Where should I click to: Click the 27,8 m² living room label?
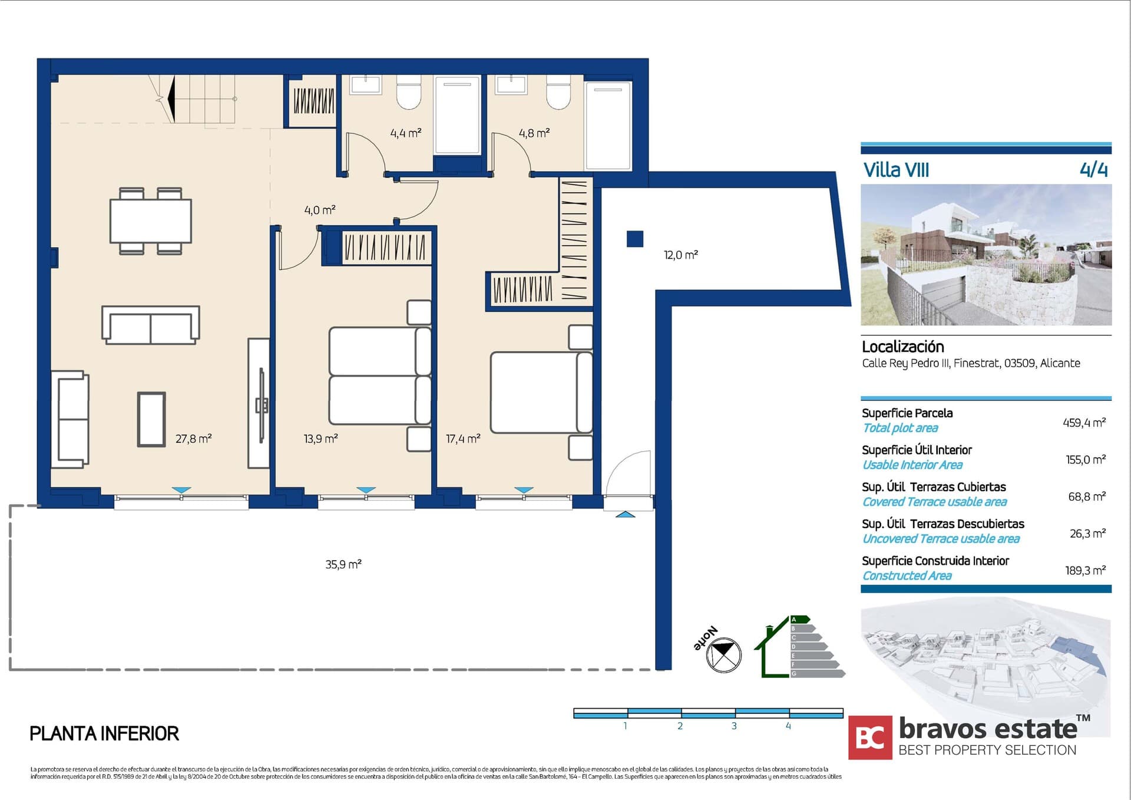(193, 439)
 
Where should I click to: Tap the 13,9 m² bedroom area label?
(320, 439)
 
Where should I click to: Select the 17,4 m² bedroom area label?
(463, 439)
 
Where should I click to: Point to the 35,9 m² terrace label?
(343, 564)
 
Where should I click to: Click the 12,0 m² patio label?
(680, 255)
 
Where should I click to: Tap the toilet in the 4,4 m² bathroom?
(408, 92)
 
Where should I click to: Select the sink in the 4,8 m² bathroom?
(511, 84)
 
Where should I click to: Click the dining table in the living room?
(151, 221)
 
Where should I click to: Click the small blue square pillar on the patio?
(634, 239)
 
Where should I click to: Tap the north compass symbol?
(723, 654)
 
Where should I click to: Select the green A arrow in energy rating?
(800, 620)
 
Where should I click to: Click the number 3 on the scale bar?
(734, 726)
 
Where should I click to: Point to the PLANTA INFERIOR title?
(104, 733)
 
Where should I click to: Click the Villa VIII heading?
(896, 170)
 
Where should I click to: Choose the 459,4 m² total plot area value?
(1084, 423)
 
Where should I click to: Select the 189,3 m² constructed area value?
(1085, 571)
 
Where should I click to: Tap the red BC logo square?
(870, 738)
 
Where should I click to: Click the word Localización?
(902, 347)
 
